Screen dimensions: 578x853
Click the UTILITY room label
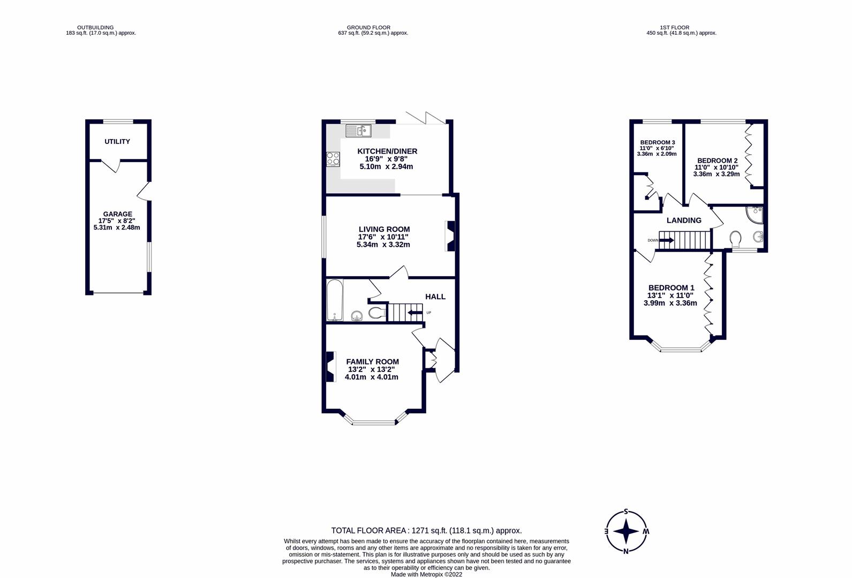tap(117, 142)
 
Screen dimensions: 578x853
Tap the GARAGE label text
tap(117, 214)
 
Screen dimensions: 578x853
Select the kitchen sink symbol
tap(358, 130)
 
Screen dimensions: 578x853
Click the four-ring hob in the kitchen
tap(333, 159)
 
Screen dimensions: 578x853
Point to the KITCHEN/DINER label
tap(387, 151)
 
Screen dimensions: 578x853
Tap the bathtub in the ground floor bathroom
tap(334, 300)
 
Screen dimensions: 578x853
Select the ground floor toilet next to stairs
tap(377, 313)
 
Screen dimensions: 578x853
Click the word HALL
tap(435, 296)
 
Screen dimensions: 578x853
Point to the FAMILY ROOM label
tap(372, 362)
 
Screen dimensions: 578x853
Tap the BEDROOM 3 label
tap(657, 142)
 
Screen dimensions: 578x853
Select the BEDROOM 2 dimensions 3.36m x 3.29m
tap(716, 174)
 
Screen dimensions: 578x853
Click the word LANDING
tap(684, 220)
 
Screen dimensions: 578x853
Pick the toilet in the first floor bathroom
tap(735, 237)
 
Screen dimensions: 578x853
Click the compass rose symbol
tap(626, 532)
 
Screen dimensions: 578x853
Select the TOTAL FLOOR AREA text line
tap(426, 531)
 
